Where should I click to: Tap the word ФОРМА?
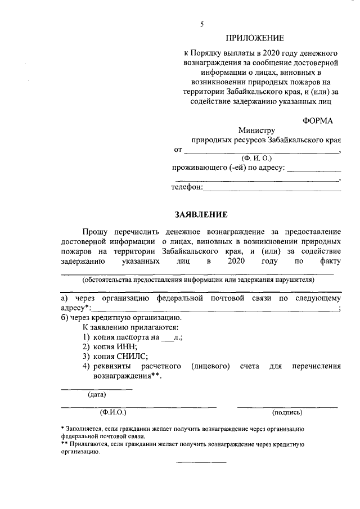click(x=317, y=120)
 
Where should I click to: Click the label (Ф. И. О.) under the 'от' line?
click(x=256, y=158)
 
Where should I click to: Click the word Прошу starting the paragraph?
click(x=97, y=232)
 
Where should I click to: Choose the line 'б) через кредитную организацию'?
click(x=120, y=317)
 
